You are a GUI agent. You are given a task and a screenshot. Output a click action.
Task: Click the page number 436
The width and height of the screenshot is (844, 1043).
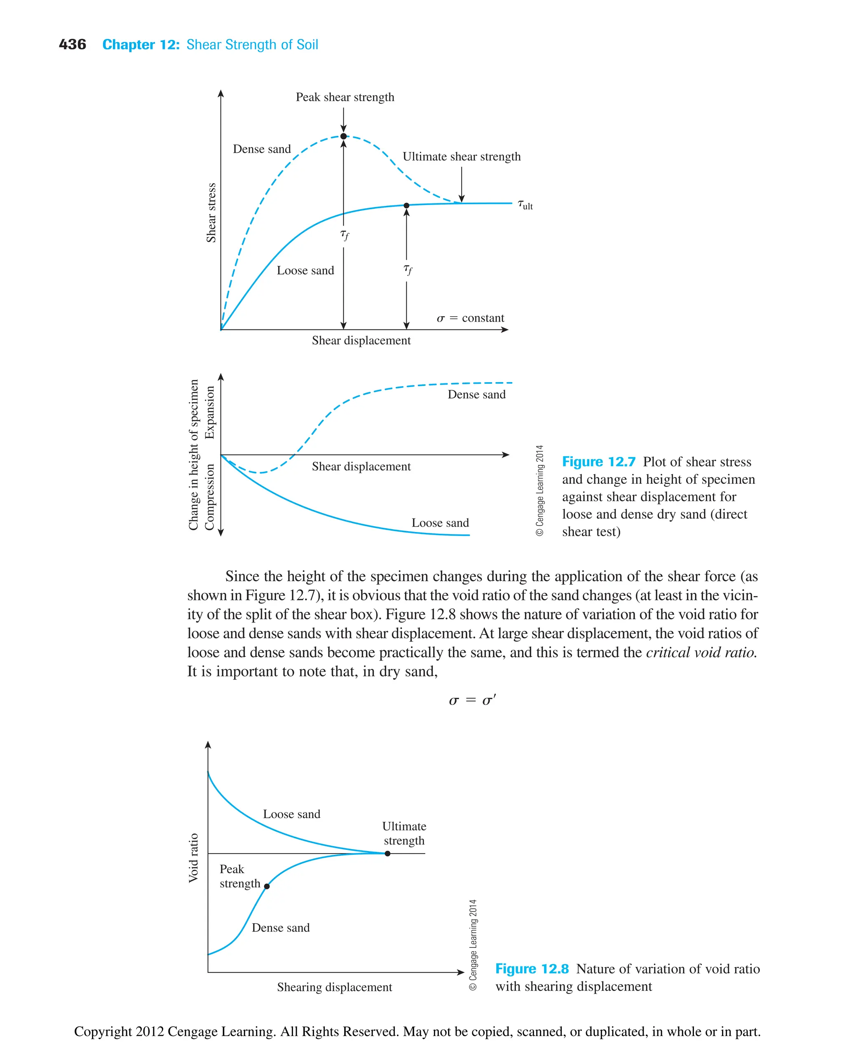pyautogui.click(x=72, y=45)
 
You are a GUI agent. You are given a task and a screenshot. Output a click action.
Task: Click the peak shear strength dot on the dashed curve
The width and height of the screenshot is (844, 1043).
pyautogui.click(x=343, y=136)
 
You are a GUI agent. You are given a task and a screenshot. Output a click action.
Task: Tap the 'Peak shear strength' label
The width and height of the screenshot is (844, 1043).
pyautogui.click(x=345, y=97)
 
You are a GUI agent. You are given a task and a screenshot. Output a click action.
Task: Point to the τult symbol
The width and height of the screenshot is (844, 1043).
pyautogui.click(x=525, y=205)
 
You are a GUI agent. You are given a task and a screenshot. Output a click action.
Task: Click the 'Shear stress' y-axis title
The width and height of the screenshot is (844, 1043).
pyautogui.click(x=211, y=212)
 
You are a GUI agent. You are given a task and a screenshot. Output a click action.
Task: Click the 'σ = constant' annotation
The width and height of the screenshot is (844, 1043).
pyautogui.click(x=470, y=318)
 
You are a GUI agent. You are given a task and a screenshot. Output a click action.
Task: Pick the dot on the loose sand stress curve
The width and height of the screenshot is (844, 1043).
pyautogui.click(x=406, y=205)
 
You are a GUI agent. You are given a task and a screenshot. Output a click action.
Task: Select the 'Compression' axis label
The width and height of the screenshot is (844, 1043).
pyautogui.click(x=209, y=497)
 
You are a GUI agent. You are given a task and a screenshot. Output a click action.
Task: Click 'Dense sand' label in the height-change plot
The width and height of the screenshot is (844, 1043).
pyautogui.click(x=476, y=394)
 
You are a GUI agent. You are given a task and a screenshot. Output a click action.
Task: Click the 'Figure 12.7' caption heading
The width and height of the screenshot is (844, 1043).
pyautogui.click(x=598, y=462)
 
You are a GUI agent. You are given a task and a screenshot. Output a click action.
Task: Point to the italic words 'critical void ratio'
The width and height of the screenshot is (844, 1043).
pyautogui.click(x=701, y=652)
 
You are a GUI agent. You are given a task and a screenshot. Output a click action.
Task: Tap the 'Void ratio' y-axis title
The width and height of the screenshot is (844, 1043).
pyautogui.click(x=194, y=858)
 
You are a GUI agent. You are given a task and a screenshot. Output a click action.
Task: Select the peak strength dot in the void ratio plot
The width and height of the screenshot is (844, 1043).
pyautogui.click(x=267, y=886)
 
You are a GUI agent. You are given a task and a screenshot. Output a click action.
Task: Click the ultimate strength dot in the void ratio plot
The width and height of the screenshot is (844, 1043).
pyautogui.click(x=387, y=854)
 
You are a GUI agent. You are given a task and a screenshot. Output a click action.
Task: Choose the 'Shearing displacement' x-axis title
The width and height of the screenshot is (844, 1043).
pyautogui.click(x=335, y=987)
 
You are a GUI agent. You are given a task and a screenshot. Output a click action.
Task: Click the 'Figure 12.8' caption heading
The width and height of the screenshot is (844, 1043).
pyautogui.click(x=532, y=968)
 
